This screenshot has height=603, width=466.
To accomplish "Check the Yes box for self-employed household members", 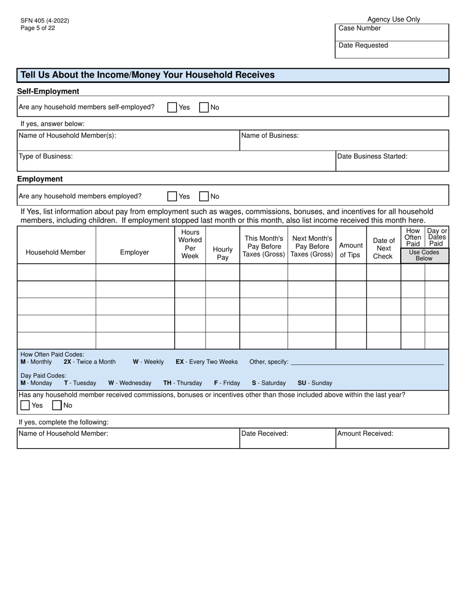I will (x=172, y=107).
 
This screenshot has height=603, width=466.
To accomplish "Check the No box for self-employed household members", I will (x=204, y=107).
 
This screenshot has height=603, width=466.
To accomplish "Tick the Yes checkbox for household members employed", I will (x=172, y=196).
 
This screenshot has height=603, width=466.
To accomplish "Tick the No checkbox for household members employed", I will (x=204, y=196).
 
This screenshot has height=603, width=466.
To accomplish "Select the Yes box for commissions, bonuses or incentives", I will (x=25, y=405).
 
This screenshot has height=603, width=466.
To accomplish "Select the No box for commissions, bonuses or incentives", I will (x=57, y=405).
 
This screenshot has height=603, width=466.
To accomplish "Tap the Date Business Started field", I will (x=391, y=164).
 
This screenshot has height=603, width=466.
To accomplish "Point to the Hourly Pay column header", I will (x=223, y=253).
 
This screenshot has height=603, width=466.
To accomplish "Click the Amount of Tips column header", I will (x=351, y=250).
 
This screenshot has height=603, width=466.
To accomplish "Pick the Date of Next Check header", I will (x=384, y=248).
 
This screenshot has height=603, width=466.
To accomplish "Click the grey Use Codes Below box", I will (x=424, y=255).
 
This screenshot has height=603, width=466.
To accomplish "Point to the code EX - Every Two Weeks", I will (x=207, y=362).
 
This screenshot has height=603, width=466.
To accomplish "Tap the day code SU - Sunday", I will (x=314, y=383).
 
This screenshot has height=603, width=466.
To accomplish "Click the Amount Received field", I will (x=391, y=440).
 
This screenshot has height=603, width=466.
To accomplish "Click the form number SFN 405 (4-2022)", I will (x=45, y=21).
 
